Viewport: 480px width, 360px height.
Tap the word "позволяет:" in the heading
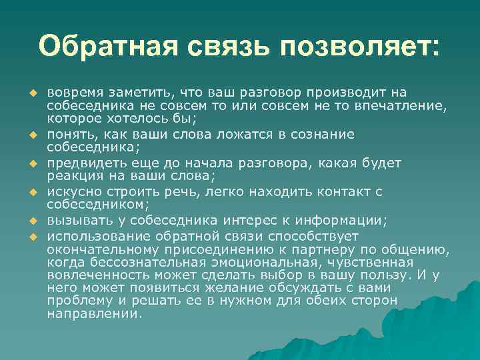coord(360,47)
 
